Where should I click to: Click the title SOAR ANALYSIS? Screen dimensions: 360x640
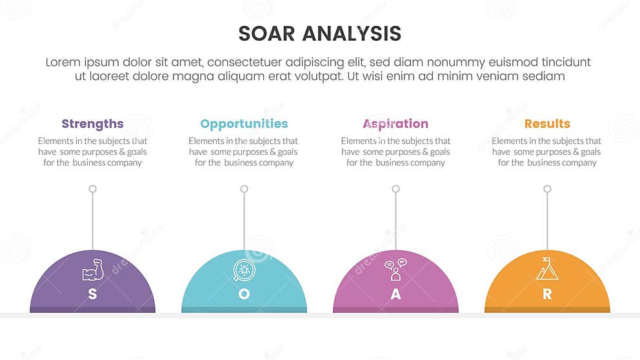[x=319, y=34]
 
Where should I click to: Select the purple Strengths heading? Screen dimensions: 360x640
[x=92, y=124]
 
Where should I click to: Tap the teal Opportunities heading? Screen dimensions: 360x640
[x=244, y=124]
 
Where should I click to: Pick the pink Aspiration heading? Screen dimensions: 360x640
[x=395, y=124]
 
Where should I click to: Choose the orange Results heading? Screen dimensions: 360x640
[x=547, y=124]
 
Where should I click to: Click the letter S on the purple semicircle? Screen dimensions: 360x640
[x=92, y=294]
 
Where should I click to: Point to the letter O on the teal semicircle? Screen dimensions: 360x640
[x=244, y=294]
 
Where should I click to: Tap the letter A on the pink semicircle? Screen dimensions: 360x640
[x=395, y=294]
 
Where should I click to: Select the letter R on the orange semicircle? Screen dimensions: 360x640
[x=547, y=294]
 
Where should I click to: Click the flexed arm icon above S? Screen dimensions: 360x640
[x=92, y=270]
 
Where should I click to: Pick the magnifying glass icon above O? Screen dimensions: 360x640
[x=243, y=270]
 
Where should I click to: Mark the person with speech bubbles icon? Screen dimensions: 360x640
[x=395, y=270]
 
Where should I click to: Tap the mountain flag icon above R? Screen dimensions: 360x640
[x=547, y=269]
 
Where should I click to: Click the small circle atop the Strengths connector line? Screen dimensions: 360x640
[x=92, y=189]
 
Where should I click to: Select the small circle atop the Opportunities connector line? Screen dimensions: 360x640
[x=244, y=189]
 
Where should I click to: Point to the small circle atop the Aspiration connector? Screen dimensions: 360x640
[x=395, y=189]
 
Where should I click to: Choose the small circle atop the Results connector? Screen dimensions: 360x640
[x=547, y=189]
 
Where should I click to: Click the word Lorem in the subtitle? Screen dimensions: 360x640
[x=63, y=63]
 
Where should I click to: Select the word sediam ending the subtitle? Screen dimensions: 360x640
[x=543, y=76]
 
